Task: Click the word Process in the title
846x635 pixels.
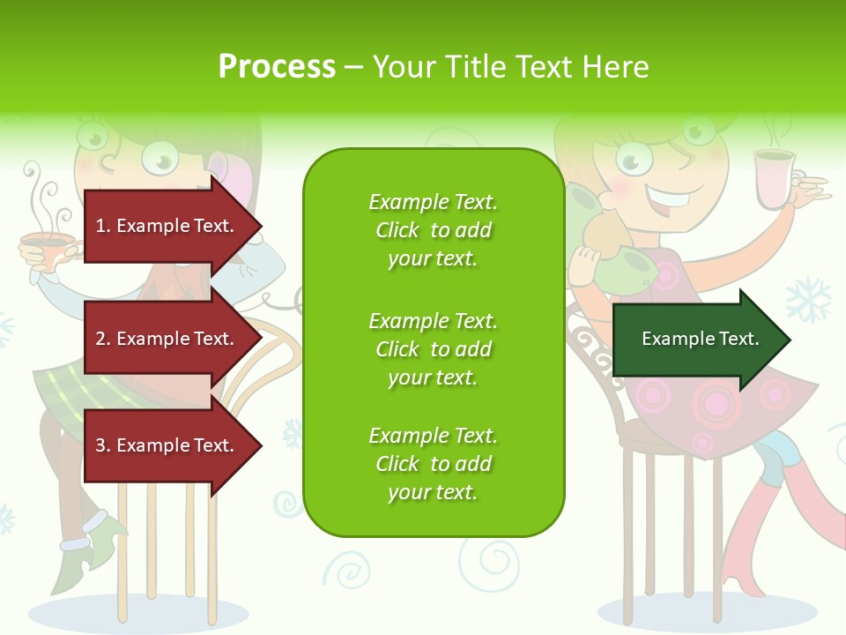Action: point(277,67)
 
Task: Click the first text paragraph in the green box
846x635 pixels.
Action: point(433,230)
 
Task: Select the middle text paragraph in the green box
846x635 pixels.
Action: point(433,349)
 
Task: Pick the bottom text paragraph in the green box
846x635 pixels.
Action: point(433,464)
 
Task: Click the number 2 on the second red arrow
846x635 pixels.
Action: point(100,339)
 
